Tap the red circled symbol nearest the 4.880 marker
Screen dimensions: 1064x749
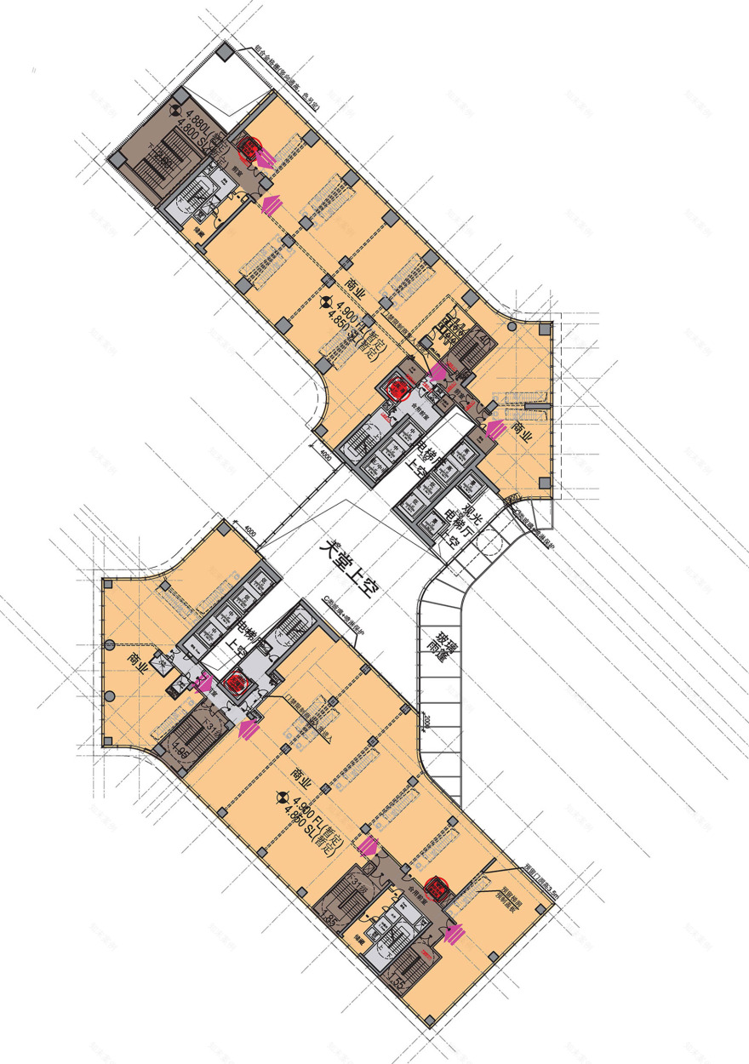click(249, 151)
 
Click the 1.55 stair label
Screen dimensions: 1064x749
click(396, 983)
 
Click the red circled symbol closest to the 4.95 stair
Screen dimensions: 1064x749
click(235, 684)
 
